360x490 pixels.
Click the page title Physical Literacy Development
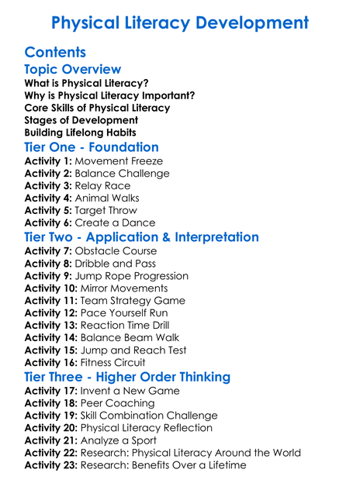click(x=179, y=23)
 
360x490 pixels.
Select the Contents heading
click(x=55, y=52)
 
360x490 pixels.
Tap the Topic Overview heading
click(x=73, y=70)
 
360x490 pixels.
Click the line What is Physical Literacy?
click(x=86, y=83)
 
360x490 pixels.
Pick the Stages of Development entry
click(x=81, y=120)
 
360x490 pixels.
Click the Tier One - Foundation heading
click(x=92, y=147)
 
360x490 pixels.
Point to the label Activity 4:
click(x=48, y=198)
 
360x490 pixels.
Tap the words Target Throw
click(x=106, y=211)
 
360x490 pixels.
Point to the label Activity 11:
click(x=51, y=301)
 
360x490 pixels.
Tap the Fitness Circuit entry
click(x=112, y=363)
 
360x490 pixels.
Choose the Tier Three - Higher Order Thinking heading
click(x=127, y=377)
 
